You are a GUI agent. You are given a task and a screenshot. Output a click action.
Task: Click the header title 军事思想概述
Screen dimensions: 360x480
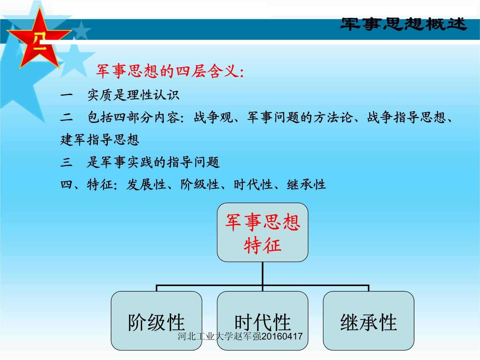pos(403,24)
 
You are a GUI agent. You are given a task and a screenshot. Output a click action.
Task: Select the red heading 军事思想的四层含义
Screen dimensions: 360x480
pos(170,71)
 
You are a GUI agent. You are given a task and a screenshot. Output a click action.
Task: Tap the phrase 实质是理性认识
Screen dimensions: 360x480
pos(133,95)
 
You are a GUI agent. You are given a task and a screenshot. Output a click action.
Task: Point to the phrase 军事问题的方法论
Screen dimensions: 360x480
pos(300,117)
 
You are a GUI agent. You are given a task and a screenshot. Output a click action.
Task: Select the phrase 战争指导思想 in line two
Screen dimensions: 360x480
pos(406,117)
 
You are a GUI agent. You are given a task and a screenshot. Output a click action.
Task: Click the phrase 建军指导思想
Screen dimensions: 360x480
pos(100,140)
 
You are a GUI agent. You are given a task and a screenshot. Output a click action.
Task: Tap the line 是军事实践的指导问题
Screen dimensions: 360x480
pos(153,162)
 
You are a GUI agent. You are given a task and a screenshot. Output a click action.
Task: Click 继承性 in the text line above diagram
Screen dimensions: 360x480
pos(306,185)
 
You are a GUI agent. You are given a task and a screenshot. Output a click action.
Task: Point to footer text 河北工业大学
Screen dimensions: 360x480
pos(200,336)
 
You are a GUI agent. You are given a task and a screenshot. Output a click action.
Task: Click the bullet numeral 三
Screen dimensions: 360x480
pos(67,162)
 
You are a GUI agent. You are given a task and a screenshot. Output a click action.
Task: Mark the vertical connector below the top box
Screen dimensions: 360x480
pos(262,273)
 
